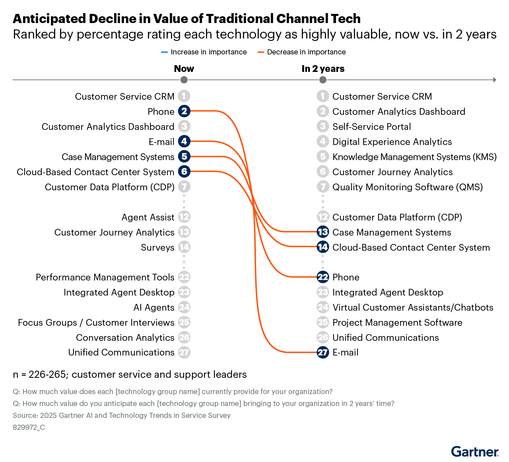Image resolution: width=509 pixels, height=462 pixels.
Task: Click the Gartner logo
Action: (x=474, y=452)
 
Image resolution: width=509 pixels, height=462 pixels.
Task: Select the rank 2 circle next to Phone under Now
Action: (x=184, y=111)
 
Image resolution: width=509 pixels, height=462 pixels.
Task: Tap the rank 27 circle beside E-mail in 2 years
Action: (x=323, y=352)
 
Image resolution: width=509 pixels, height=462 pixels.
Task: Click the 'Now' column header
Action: (x=184, y=69)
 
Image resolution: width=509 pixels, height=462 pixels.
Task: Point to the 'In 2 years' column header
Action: (x=323, y=69)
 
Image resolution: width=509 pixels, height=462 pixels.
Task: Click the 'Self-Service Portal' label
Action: (x=371, y=127)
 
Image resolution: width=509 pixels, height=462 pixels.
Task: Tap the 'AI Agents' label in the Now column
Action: (x=154, y=307)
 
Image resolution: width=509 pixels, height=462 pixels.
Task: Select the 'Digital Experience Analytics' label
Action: (x=392, y=142)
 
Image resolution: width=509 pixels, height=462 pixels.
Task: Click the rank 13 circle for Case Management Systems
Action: (x=323, y=232)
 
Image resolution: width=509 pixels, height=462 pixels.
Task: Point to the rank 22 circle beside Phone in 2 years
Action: (x=323, y=277)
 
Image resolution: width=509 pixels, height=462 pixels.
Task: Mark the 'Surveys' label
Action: (x=157, y=247)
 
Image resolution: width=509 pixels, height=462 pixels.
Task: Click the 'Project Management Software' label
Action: (x=397, y=323)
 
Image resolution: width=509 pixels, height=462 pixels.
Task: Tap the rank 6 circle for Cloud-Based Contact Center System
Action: (x=184, y=172)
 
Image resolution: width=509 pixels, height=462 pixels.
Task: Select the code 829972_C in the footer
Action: (x=29, y=427)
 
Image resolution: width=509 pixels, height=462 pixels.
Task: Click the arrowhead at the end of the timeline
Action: (x=495, y=80)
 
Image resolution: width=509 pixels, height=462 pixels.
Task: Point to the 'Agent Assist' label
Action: (x=148, y=217)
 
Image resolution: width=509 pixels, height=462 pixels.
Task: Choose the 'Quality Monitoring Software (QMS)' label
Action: (x=408, y=187)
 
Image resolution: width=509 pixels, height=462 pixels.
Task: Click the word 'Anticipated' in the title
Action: (x=49, y=19)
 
